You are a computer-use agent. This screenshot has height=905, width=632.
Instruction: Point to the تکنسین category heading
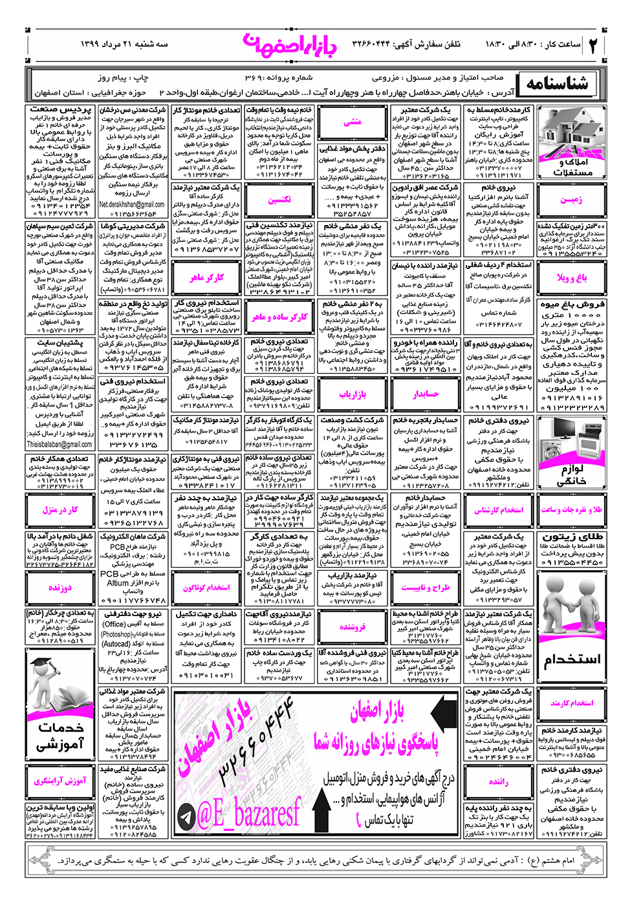[x=279, y=200]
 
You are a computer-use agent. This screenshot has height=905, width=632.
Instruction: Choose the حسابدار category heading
[x=426, y=394]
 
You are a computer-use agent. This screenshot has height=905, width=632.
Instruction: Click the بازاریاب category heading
[x=352, y=394]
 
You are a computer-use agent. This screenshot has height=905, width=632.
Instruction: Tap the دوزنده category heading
[x=60, y=588]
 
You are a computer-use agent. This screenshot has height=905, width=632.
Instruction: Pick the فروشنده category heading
[x=353, y=626]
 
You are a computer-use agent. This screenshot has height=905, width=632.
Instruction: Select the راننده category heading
[x=498, y=782]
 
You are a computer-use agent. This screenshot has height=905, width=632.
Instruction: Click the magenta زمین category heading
[x=571, y=200]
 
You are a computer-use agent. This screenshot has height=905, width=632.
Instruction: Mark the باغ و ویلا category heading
[x=572, y=277]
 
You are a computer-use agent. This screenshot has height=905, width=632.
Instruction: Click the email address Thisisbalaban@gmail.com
[x=60, y=445]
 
